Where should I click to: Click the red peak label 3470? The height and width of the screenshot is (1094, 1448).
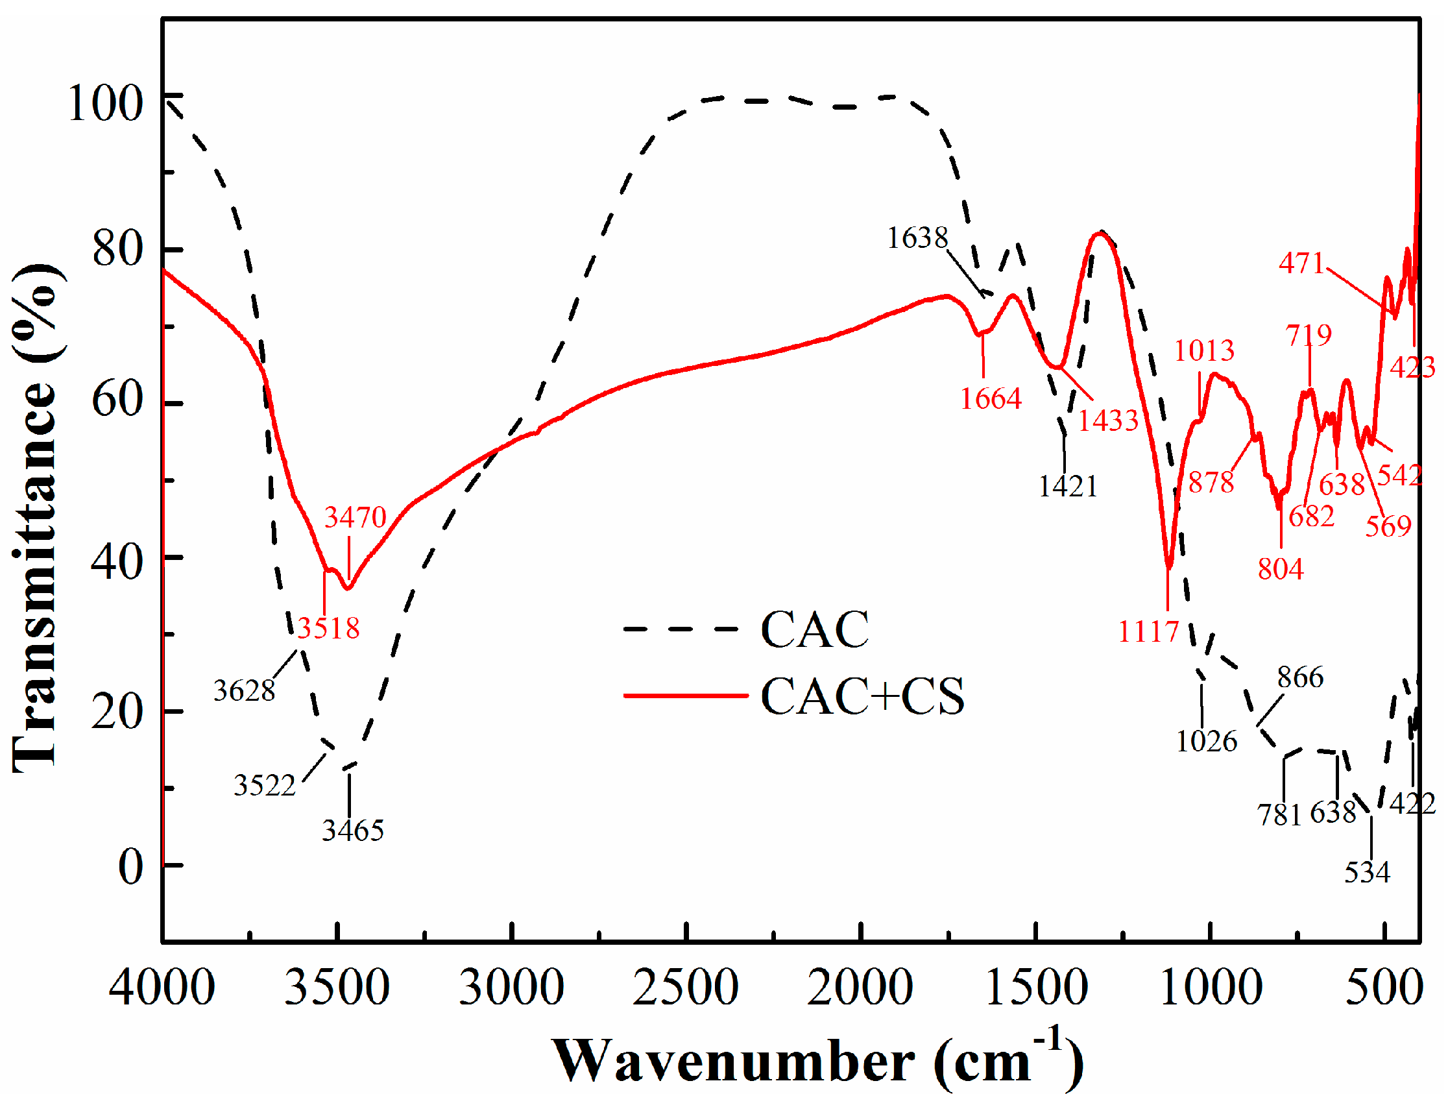click(x=356, y=518)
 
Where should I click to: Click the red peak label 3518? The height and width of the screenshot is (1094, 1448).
click(x=329, y=629)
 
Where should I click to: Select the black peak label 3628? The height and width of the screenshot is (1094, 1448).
click(x=244, y=690)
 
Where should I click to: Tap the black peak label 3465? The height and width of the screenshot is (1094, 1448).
click(x=353, y=831)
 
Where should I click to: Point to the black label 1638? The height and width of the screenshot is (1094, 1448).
click(x=917, y=238)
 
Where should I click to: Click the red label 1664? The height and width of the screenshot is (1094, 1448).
click(x=991, y=398)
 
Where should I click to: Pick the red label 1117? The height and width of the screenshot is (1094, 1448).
click(x=1148, y=632)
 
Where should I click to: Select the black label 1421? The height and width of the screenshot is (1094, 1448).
click(x=1068, y=487)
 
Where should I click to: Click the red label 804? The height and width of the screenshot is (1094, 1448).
click(x=1281, y=569)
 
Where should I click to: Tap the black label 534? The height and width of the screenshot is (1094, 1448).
click(x=1367, y=872)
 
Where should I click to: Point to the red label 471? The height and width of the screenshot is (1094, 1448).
click(x=1301, y=263)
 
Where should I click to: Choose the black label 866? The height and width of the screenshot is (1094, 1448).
click(x=1300, y=677)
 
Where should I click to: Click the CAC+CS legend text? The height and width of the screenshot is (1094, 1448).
click(x=862, y=696)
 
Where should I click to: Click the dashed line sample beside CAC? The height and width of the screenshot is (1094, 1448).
click(x=681, y=629)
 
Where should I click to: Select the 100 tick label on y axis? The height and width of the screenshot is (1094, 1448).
click(x=104, y=103)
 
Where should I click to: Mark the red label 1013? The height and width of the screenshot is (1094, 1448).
click(x=1204, y=351)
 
